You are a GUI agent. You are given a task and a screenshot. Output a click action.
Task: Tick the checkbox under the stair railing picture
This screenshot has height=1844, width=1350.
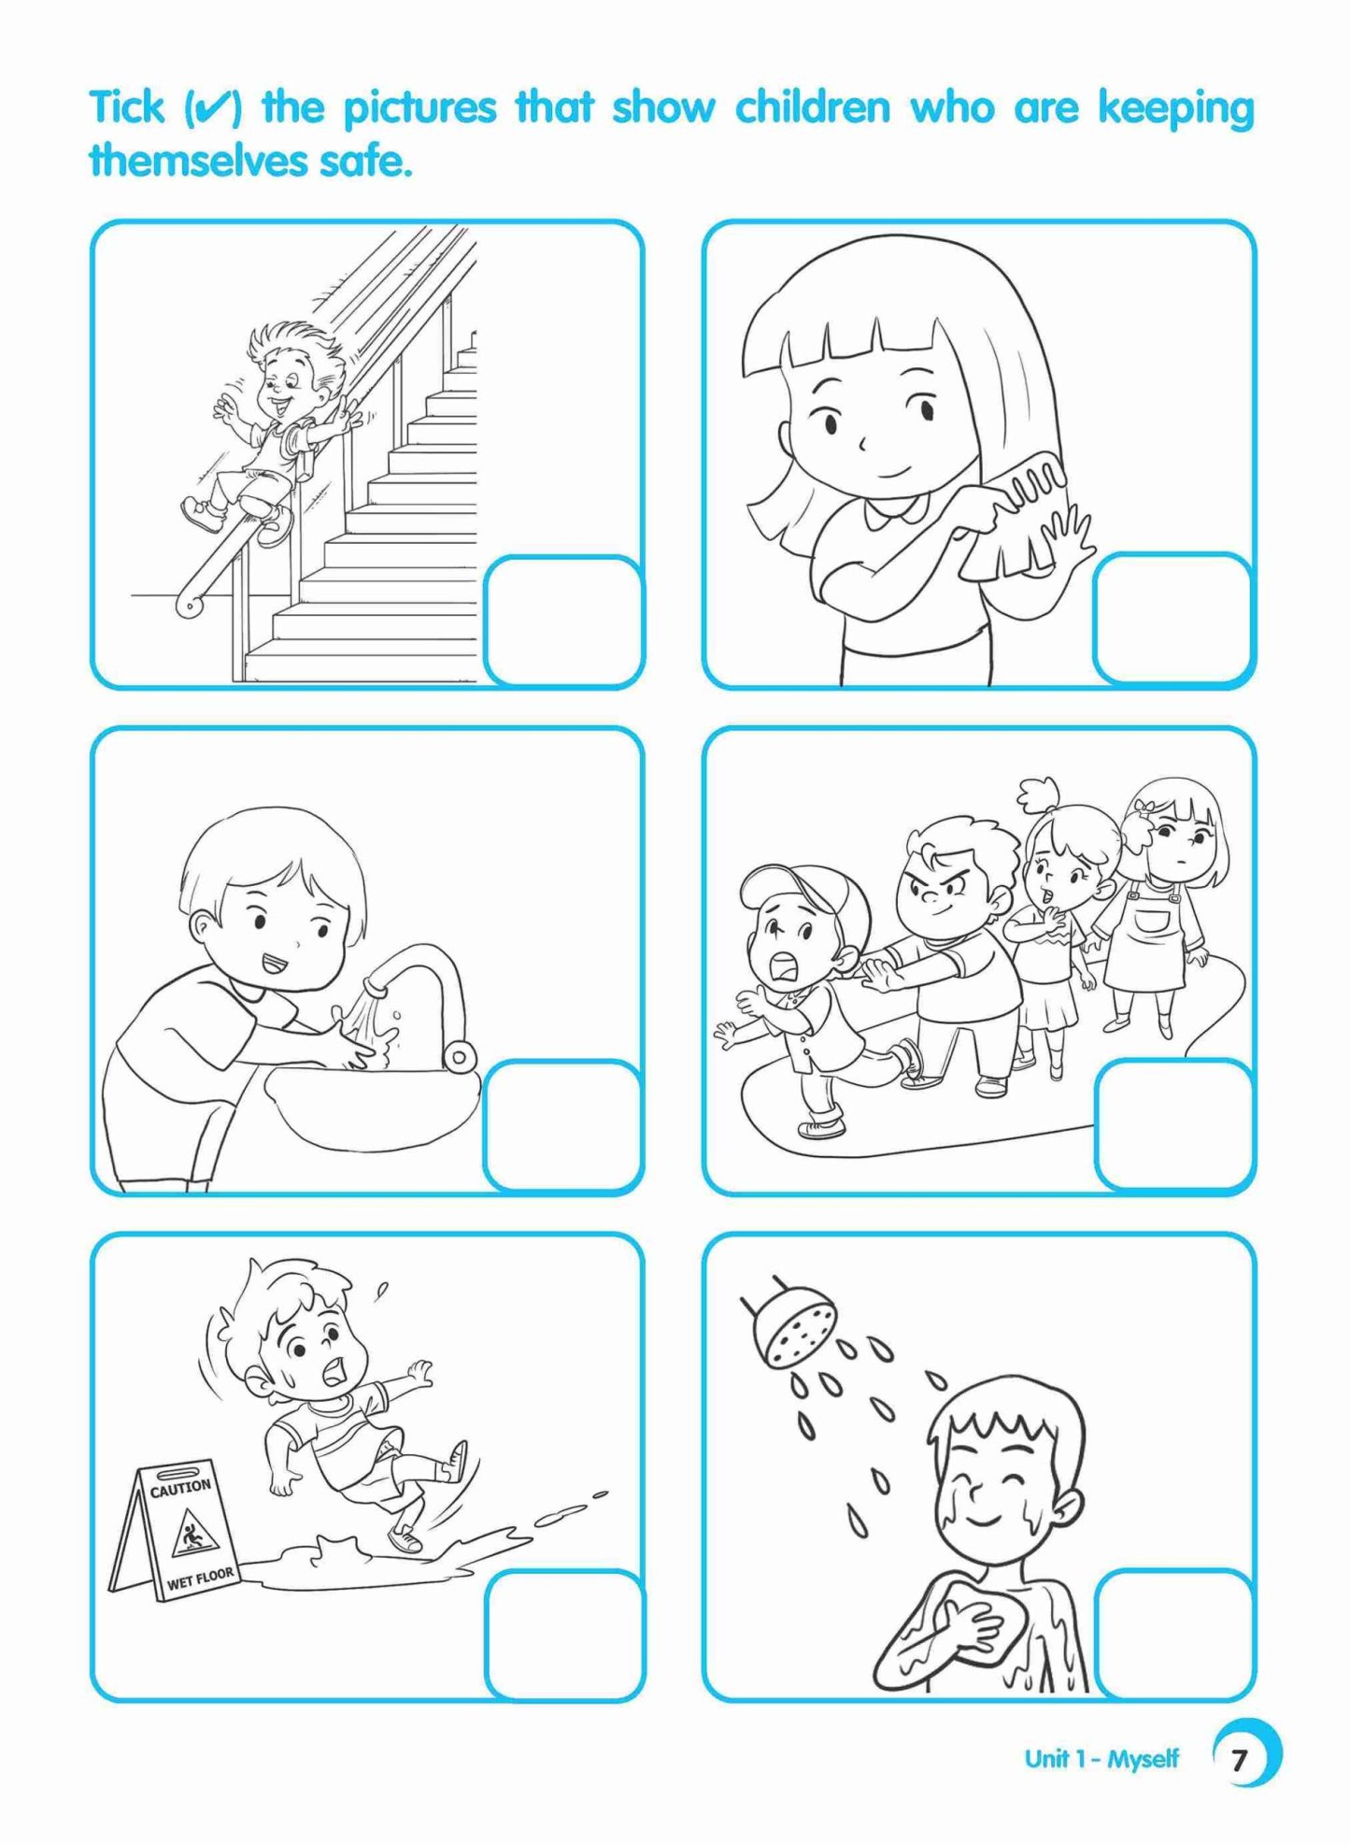(563, 621)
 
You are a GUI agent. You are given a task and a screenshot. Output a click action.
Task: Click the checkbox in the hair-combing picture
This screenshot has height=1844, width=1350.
(1172, 618)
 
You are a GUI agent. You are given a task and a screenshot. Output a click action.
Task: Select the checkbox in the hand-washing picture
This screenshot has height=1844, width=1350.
(563, 1125)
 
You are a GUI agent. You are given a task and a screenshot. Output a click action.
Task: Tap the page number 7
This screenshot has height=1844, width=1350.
(1239, 1760)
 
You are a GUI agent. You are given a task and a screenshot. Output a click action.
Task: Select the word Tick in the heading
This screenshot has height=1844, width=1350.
(127, 107)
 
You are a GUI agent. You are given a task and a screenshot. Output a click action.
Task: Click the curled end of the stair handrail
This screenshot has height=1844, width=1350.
(190, 606)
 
